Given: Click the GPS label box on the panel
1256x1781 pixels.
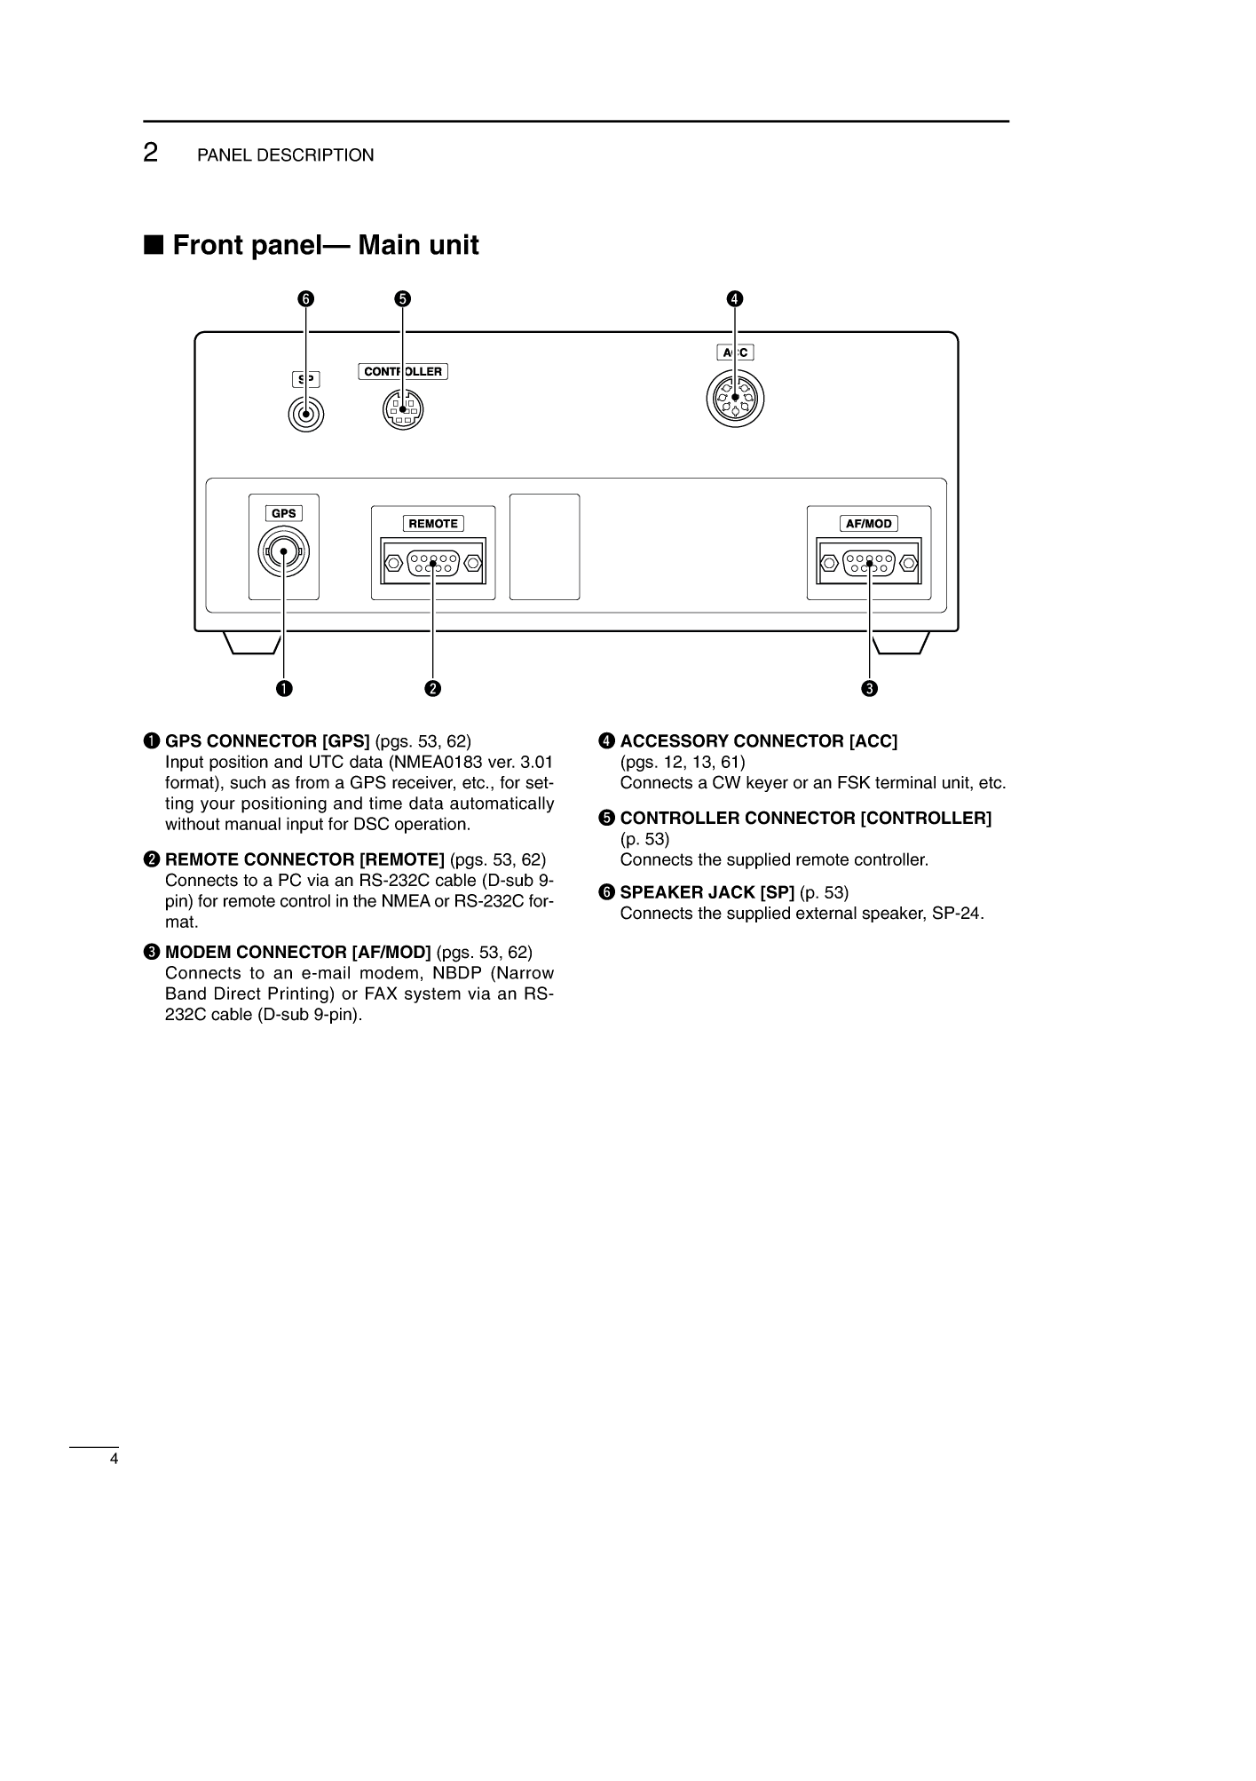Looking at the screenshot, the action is click(x=284, y=513).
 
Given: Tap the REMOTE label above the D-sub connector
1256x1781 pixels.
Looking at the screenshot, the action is click(x=433, y=524).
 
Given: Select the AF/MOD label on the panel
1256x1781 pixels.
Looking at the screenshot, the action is click(x=869, y=524).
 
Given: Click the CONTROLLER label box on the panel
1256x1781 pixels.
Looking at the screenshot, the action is click(x=403, y=371).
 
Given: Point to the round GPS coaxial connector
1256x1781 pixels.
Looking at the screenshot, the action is click(x=284, y=552).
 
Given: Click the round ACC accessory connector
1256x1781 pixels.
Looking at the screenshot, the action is click(x=736, y=398).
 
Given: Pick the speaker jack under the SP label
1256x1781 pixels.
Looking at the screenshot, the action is click(x=306, y=415).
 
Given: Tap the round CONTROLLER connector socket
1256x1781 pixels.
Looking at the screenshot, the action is click(x=403, y=410).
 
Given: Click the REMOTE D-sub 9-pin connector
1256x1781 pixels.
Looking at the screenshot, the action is click(x=433, y=562).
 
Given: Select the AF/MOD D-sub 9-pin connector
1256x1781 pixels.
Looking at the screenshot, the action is click(x=869, y=562).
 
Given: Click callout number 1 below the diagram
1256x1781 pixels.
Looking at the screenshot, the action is click(x=284, y=688).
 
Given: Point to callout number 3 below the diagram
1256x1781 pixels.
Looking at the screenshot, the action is click(x=869, y=688).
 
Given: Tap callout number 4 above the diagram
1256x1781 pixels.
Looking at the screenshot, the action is click(x=736, y=298).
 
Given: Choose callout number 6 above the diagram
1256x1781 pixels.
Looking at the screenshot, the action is click(x=306, y=298).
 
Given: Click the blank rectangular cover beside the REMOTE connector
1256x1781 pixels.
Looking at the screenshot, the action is click(x=545, y=547).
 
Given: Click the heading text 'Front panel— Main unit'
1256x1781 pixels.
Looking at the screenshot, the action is click(x=326, y=245).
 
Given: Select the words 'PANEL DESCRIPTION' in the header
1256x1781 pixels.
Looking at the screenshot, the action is click(x=286, y=155).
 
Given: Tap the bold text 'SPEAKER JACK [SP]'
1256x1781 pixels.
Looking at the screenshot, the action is click(x=707, y=892).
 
